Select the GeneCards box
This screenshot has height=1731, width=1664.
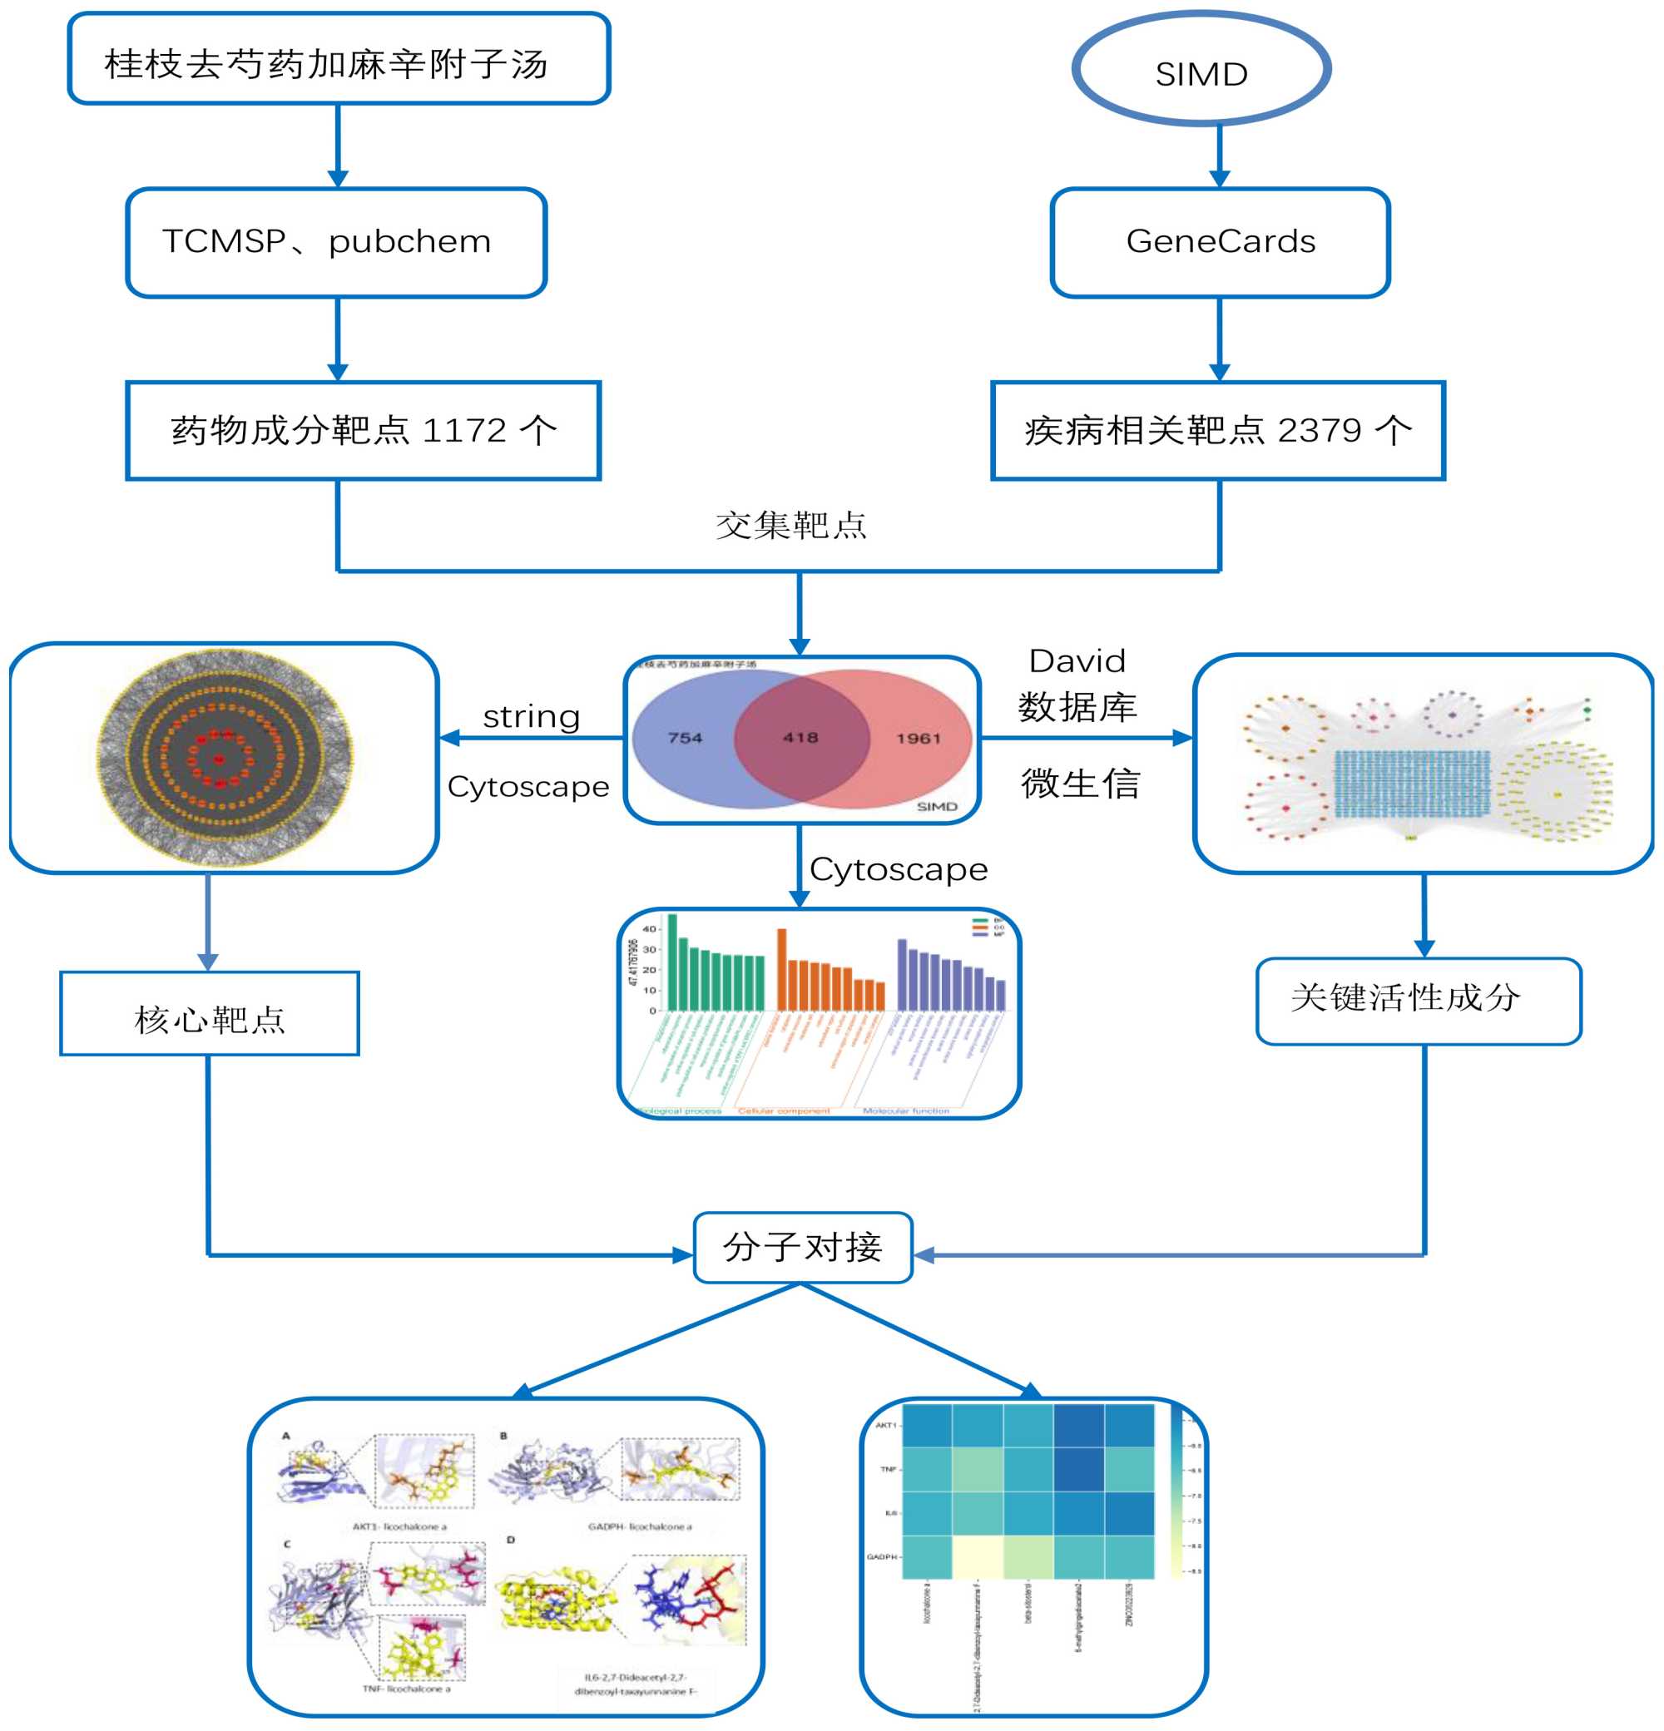pos(1220,242)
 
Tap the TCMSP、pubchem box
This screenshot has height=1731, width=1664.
pos(336,242)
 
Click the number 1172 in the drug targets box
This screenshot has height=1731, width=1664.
pos(464,431)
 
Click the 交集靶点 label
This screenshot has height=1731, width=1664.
pos(790,526)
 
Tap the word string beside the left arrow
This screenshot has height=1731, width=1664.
pos(531,716)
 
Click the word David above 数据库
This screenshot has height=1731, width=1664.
pos(1077,660)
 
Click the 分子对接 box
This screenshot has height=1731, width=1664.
pos(803,1247)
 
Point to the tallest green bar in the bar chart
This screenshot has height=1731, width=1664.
pos(672,962)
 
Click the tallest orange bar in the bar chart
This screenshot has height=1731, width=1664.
pos(781,970)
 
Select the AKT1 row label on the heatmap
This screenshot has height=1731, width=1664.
pos(886,1425)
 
